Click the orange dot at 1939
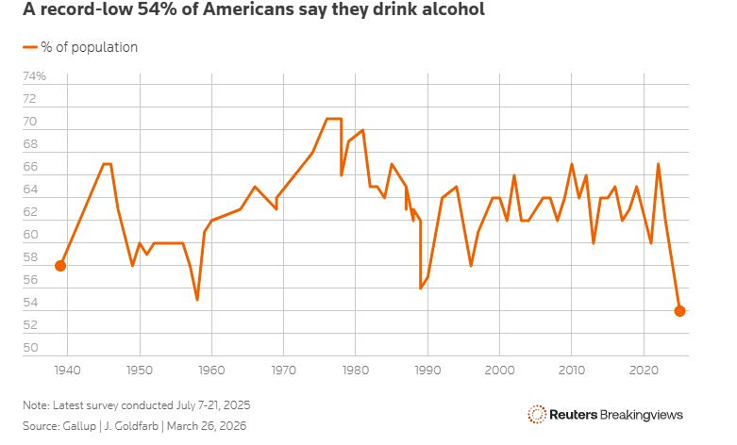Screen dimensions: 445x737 [60, 266]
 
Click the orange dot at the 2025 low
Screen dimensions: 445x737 [679, 311]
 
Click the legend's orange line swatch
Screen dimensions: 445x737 [29, 47]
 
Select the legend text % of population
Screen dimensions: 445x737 [89, 47]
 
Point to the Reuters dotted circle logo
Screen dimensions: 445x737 [537, 414]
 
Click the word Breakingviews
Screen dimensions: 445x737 [643, 414]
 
